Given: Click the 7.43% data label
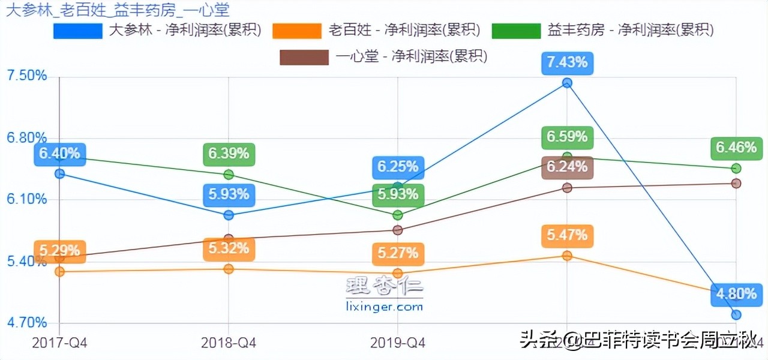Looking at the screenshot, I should click(x=567, y=62).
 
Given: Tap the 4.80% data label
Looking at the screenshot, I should click(x=736, y=293).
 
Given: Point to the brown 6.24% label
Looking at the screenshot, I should click(x=567, y=167).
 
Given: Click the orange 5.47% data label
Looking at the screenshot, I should click(x=567, y=235).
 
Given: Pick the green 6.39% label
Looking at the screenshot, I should click(x=229, y=154).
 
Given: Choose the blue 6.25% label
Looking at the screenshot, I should click(x=398, y=167).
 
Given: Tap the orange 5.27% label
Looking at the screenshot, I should click(x=398, y=253).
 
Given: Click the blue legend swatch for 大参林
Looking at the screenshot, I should click(x=77, y=30).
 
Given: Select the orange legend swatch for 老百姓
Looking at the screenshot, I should click(x=296, y=30).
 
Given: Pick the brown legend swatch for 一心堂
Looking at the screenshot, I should click(x=304, y=57).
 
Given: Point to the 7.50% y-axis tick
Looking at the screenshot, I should click(x=26, y=76).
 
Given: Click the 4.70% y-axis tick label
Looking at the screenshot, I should click(x=26, y=323).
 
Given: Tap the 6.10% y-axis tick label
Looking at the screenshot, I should click(x=26, y=199).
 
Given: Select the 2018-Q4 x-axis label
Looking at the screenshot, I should click(x=229, y=343).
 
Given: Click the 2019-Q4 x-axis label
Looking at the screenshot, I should click(x=398, y=343).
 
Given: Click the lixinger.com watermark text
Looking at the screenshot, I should click(x=385, y=307).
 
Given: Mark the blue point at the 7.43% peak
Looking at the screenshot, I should click(x=567, y=83).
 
